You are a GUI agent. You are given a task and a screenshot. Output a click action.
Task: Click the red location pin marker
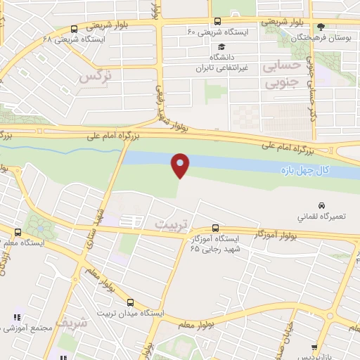(x=181, y=165)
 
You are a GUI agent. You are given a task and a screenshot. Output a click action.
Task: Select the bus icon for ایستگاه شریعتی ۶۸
(x=75, y=29)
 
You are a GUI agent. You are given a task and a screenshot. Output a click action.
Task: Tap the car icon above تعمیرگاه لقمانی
(x=321, y=205)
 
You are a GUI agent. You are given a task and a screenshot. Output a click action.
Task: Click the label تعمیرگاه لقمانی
(x=321, y=217)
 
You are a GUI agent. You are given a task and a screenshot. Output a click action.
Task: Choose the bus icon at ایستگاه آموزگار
(x=215, y=229)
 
